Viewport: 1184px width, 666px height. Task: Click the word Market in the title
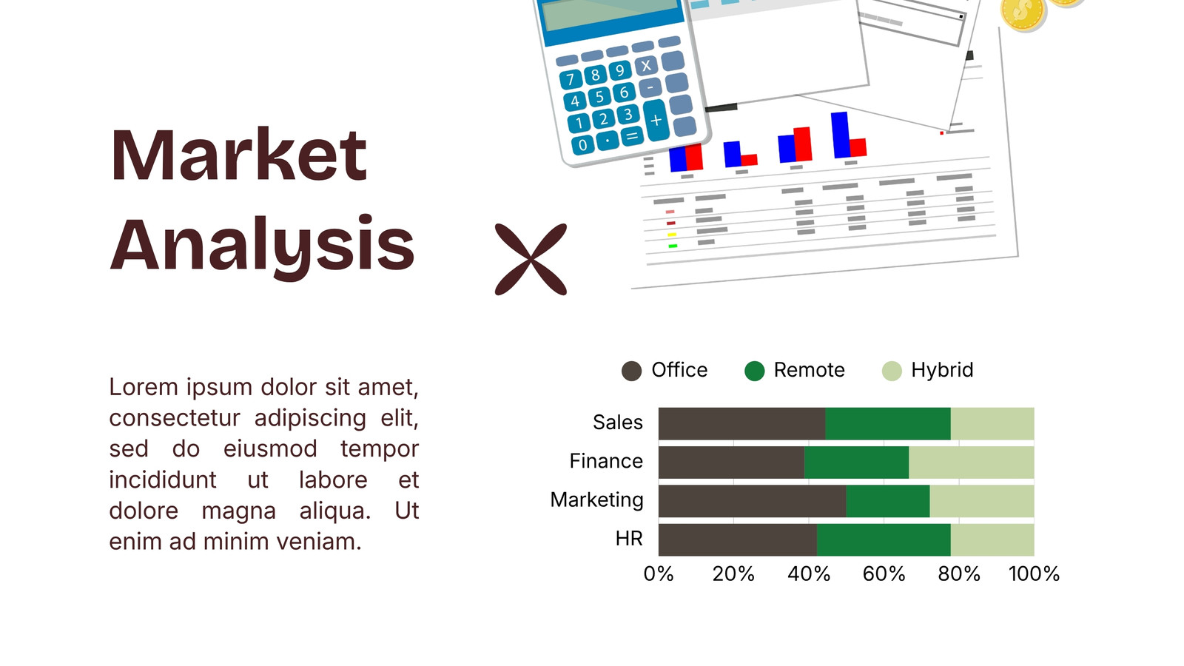(238, 155)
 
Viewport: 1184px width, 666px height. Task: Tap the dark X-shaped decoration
(531, 259)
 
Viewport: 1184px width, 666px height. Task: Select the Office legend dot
(631, 371)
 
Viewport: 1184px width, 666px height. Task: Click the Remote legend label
(810, 370)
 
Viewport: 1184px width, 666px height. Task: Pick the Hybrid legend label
(942, 370)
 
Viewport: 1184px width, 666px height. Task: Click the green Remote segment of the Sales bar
(888, 423)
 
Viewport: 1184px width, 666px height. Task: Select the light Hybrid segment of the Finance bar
(972, 462)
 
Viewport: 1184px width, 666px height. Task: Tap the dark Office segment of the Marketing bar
(752, 501)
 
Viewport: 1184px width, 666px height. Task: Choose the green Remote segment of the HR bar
(884, 539)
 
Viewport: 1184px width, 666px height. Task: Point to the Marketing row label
(596, 500)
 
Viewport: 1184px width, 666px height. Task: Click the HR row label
(629, 539)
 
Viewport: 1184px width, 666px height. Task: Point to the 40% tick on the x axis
(809, 574)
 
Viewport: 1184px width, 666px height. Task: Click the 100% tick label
(1034, 574)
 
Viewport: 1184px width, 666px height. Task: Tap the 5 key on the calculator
(599, 97)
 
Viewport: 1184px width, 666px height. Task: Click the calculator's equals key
(632, 136)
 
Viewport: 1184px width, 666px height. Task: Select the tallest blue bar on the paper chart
(841, 135)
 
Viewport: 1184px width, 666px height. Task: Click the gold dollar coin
(1022, 13)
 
